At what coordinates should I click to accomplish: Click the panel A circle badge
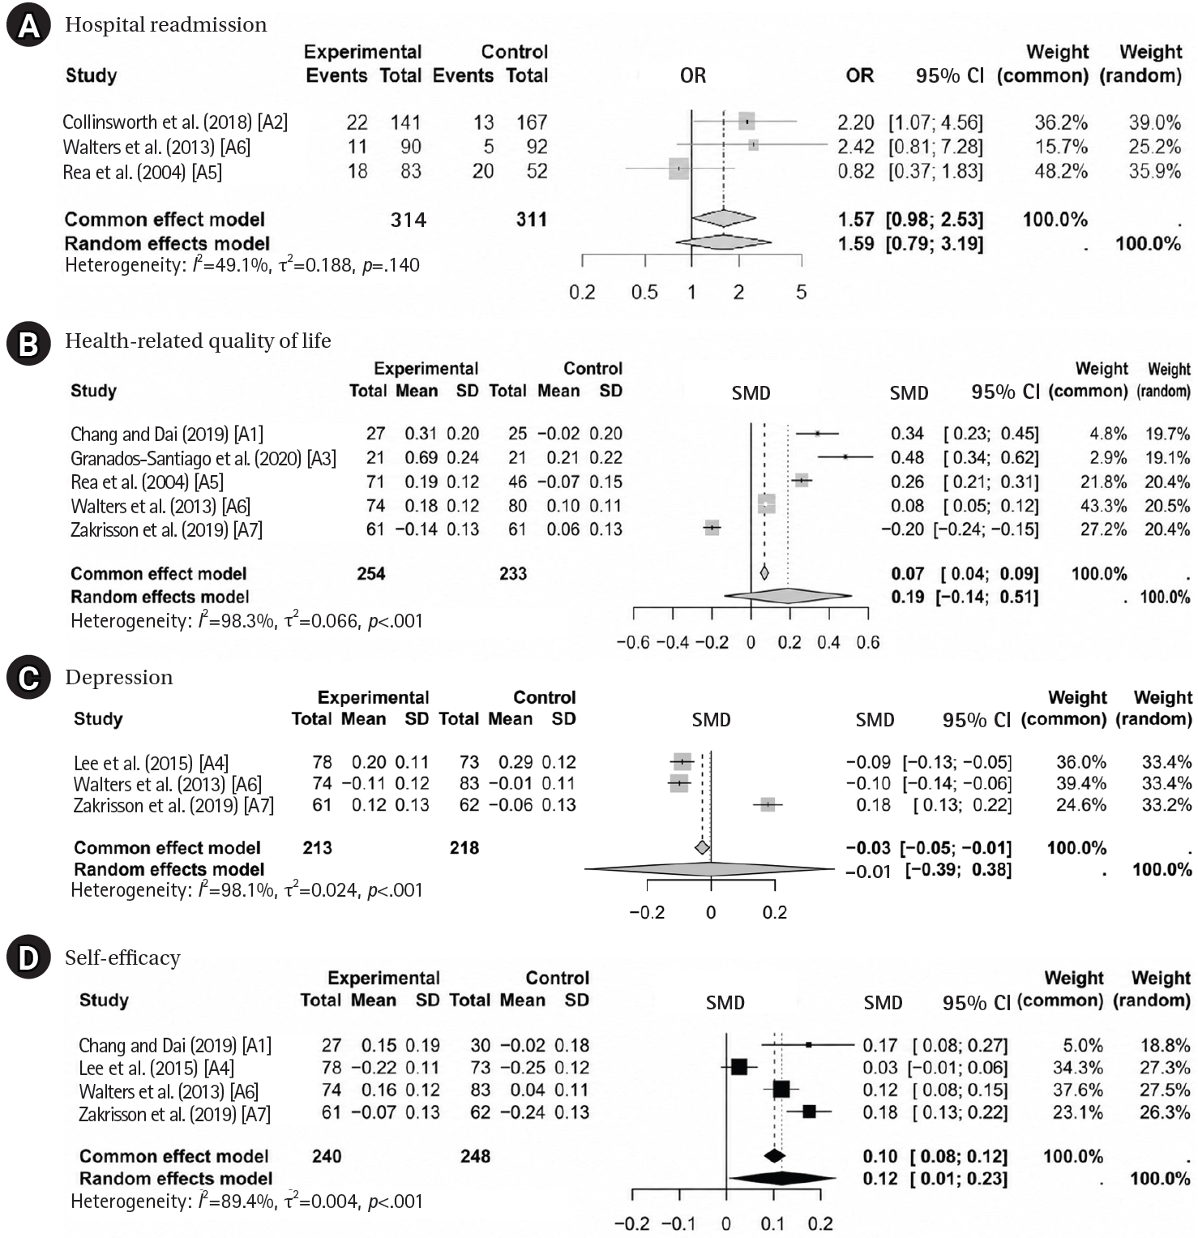[28, 27]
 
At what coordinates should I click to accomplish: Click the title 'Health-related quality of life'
[198, 341]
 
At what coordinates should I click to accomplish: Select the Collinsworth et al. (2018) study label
[175, 122]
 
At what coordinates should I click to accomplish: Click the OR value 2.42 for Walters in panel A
[856, 147]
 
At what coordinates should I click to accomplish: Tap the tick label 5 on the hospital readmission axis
[802, 292]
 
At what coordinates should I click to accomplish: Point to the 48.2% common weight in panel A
[1060, 171]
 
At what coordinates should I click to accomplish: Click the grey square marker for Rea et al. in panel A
[679, 169]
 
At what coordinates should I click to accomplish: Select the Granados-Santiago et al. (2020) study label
[203, 458]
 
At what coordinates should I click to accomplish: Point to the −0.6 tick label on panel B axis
[633, 642]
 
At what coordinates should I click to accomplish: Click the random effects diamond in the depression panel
[709, 869]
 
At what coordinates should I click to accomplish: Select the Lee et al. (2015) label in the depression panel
[151, 763]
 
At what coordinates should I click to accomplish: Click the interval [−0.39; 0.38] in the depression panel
[958, 871]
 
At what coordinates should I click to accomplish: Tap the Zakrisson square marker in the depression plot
[768, 805]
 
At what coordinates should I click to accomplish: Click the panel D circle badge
[28, 957]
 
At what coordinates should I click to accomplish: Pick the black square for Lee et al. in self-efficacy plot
[739, 1066]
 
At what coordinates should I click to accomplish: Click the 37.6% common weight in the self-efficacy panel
[1077, 1090]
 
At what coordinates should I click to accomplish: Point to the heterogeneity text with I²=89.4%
[246, 1201]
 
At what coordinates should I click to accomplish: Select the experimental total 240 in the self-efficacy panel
[327, 1156]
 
